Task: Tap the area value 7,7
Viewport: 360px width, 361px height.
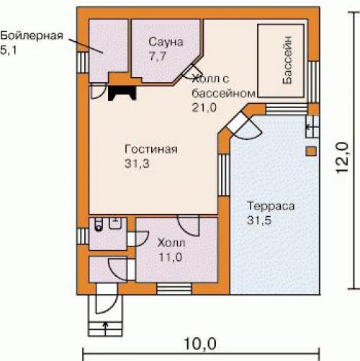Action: [158, 56]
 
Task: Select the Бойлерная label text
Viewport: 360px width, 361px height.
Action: [32, 36]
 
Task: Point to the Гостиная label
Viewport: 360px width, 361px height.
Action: [151, 149]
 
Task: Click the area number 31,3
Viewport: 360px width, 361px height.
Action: [137, 164]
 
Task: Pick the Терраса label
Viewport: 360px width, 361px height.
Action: [271, 206]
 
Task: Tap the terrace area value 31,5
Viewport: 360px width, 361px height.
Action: [259, 220]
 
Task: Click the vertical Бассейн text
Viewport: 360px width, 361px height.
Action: [287, 60]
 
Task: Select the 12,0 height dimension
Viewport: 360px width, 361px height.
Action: [342, 157]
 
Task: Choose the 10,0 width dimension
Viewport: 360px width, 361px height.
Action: [200, 344]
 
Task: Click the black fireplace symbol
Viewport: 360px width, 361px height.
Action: [122, 93]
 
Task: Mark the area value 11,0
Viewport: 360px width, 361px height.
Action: [171, 257]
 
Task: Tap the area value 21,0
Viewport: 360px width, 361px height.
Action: [204, 107]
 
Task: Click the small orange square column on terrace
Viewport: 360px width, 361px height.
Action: [311, 151]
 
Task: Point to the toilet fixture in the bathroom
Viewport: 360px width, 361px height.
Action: [99, 224]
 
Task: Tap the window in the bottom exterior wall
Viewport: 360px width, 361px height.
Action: [174, 288]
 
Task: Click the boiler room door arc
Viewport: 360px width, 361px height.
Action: [99, 92]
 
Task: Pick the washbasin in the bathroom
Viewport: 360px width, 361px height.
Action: [116, 223]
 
